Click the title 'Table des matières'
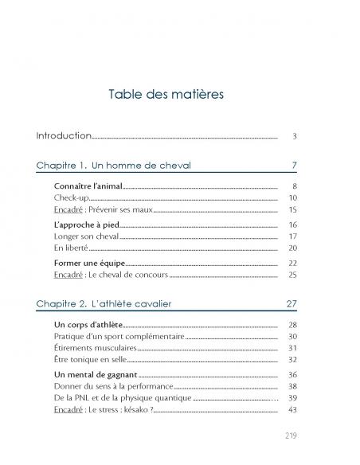tap(166, 95)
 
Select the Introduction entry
tap(64, 136)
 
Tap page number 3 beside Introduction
tap(294, 137)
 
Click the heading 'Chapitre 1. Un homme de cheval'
tap(114, 166)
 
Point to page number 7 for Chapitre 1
tap(294, 166)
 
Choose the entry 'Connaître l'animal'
tap(88, 186)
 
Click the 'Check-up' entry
tap(71, 197)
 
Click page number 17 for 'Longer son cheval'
tap(292, 236)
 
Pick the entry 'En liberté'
tap(71, 248)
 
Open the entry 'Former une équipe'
tap(89, 263)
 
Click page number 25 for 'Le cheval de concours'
tap(292, 275)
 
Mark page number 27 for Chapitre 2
tap(292, 303)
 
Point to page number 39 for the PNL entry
tap(292, 397)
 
